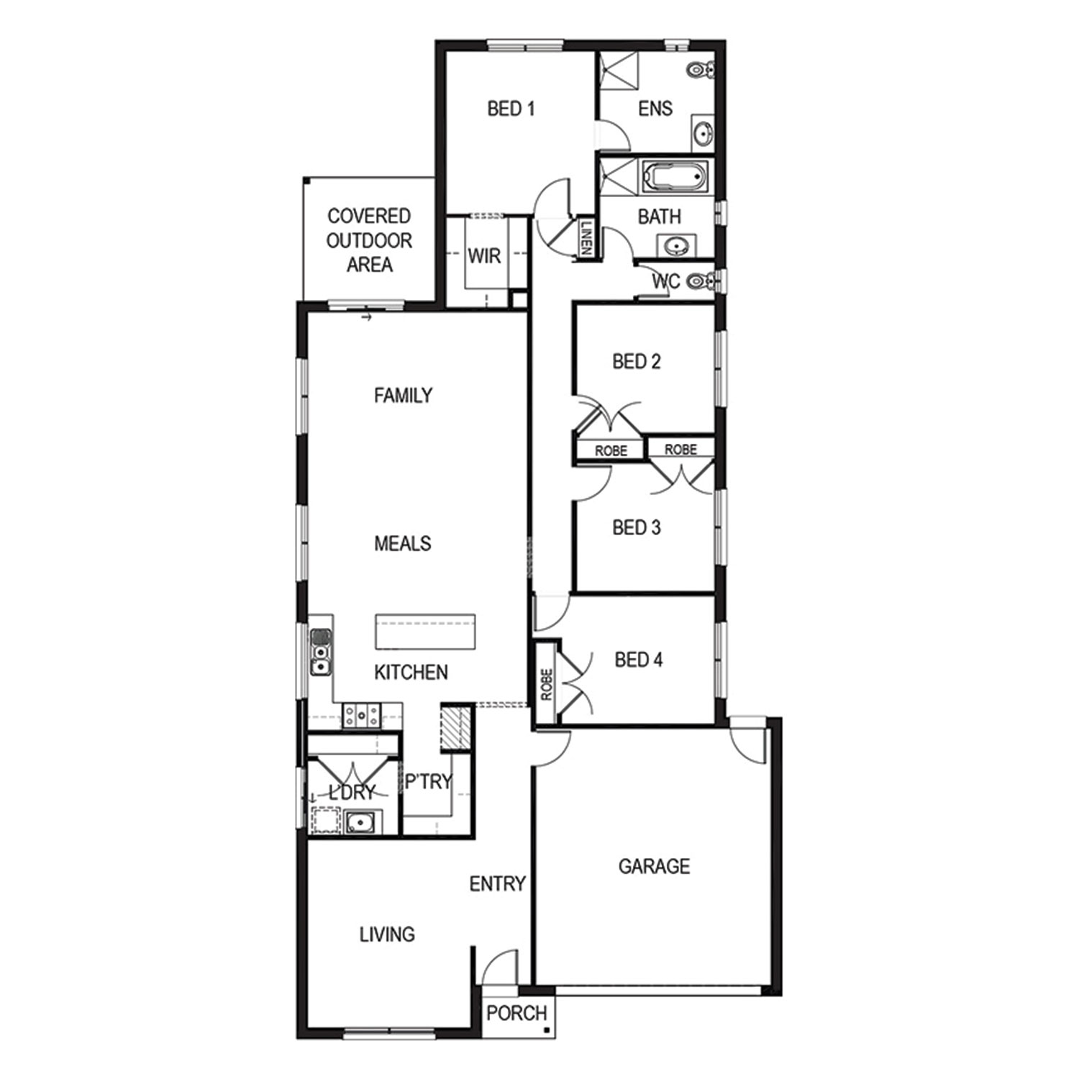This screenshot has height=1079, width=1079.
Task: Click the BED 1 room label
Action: [x=511, y=109]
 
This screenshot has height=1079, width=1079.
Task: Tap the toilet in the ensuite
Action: [x=700, y=70]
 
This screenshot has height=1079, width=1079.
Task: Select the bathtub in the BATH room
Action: [x=675, y=176]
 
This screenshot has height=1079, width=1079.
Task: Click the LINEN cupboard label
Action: [x=586, y=236]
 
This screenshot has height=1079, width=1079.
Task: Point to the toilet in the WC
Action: [x=701, y=281]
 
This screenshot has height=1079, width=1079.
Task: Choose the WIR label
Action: [x=484, y=255]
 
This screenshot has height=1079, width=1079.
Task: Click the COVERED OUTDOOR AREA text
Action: [x=369, y=240]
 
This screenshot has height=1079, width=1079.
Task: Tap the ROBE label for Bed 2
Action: [x=611, y=451]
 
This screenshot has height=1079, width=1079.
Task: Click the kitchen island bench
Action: [x=425, y=632]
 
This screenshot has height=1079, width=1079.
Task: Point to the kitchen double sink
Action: [x=321, y=652]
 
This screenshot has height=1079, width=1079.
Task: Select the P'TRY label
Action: [x=428, y=781]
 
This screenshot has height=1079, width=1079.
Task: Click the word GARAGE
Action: [x=654, y=866]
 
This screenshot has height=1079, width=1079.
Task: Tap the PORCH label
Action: [x=516, y=1013]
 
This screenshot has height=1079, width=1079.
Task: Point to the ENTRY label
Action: [x=497, y=883]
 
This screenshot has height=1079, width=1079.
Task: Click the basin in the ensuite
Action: [x=703, y=133]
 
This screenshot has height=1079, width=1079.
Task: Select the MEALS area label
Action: [x=403, y=543]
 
